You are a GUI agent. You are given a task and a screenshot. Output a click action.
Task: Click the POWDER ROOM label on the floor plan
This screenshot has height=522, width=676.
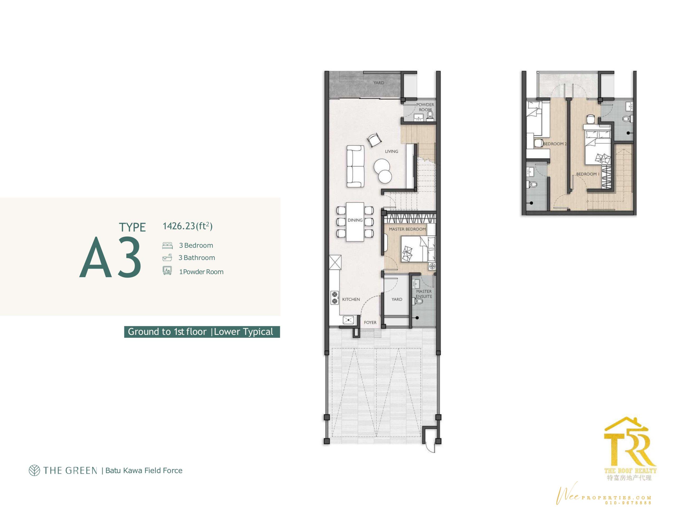pyautogui.click(x=425, y=107)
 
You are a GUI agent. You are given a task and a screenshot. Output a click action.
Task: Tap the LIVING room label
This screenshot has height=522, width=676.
pyautogui.click(x=392, y=151)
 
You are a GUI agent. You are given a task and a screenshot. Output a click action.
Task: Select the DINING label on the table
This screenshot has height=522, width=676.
pyautogui.click(x=355, y=220)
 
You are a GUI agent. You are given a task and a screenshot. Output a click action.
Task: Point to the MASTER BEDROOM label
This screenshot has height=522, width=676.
pyautogui.click(x=407, y=229)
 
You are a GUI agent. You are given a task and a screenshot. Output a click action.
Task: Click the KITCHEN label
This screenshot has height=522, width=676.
pyautogui.click(x=351, y=299)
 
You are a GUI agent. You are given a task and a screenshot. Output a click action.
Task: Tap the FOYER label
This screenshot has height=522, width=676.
pyautogui.click(x=370, y=322)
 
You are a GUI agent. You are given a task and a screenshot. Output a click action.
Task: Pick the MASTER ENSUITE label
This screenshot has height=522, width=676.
pyautogui.click(x=424, y=294)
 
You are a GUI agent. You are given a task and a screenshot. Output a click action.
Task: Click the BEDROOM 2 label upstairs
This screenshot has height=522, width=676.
pyautogui.click(x=555, y=144)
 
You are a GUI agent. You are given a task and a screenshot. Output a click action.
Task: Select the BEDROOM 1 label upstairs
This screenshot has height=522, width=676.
pyautogui.click(x=588, y=174)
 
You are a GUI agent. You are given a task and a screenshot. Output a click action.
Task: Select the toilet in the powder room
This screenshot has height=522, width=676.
pyautogui.click(x=430, y=115)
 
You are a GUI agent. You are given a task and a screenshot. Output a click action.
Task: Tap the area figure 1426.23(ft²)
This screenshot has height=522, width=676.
pyautogui.click(x=187, y=226)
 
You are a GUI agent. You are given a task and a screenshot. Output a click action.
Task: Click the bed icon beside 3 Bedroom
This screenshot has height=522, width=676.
pyautogui.click(x=167, y=246)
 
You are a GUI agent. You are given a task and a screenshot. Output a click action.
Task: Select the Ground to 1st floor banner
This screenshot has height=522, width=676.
pyautogui.click(x=202, y=332)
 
